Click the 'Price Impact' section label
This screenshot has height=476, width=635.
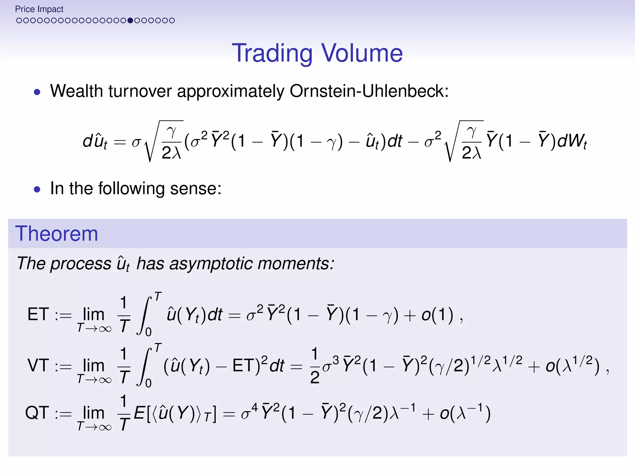point(39,9)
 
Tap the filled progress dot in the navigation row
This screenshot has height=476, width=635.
point(130,20)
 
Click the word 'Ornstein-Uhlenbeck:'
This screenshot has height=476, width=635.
point(369,91)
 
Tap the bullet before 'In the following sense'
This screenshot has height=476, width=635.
point(37,189)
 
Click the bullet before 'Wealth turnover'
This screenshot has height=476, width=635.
point(37,92)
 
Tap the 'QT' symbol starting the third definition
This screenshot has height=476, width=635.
point(37,413)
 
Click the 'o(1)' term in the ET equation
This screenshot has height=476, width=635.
point(437,315)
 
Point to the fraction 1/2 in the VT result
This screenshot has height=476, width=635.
point(314,366)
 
